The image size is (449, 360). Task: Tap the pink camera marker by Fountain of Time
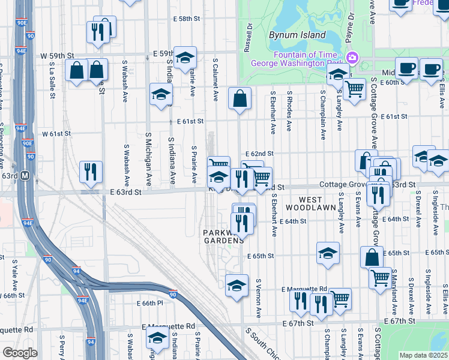coord(352,58)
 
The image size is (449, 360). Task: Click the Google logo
coord(20,353)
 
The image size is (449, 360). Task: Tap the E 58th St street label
coord(185,19)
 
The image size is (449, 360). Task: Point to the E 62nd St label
coord(259,154)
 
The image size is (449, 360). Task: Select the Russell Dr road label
coord(248,37)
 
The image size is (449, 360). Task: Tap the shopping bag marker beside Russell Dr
coord(240,99)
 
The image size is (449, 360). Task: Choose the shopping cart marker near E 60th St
coord(355,89)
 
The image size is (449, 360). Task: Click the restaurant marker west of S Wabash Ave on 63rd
coord(91,172)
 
